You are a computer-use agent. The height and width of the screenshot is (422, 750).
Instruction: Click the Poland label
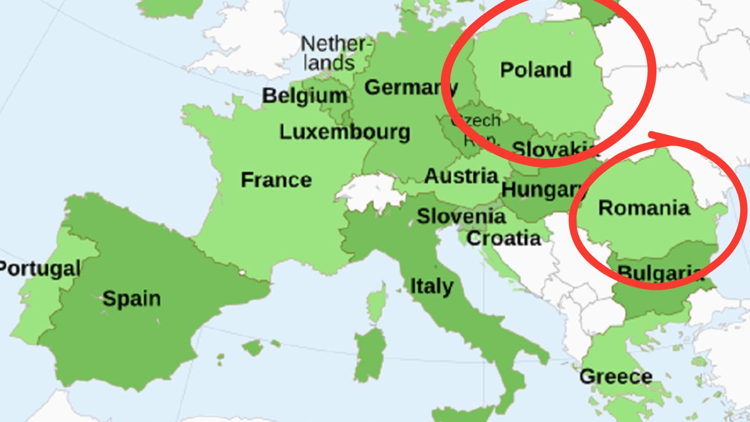coord(536,69)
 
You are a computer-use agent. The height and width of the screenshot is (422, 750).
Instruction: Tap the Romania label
coord(644,207)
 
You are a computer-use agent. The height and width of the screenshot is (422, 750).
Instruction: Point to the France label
coord(276,180)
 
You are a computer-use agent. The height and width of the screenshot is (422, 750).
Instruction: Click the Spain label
coord(131,298)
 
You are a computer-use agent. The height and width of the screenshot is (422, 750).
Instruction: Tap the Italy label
coord(431,286)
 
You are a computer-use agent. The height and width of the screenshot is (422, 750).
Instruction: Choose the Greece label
coord(616,377)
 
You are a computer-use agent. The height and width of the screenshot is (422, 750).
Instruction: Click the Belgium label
coord(304,96)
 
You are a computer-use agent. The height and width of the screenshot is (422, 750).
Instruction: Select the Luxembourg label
coord(344,132)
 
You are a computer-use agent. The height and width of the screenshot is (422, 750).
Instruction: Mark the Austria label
coord(461,176)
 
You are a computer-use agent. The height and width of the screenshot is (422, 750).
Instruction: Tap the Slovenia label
coord(461,216)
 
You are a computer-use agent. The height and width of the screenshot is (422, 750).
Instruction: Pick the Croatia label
coord(504,238)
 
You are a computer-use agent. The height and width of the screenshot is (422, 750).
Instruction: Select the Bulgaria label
coord(656,273)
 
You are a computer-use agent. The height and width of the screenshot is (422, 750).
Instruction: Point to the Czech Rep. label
coord(476,129)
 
